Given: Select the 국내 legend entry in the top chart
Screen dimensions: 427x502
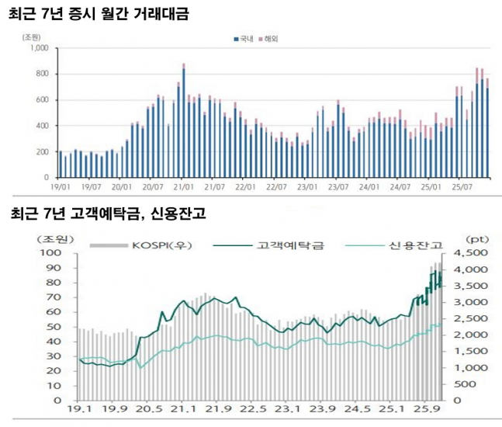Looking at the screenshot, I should (x=244, y=37).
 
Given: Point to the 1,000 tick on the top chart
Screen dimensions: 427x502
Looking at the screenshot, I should (x=39, y=48).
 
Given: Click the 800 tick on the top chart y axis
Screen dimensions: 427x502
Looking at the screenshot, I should (x=42, y=75).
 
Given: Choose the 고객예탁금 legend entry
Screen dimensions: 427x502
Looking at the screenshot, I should (x=289, y=245).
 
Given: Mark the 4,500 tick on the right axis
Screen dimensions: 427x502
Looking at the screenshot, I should (x=468, y=253).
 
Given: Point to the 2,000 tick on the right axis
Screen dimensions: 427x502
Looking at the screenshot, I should (x=468, y=335).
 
